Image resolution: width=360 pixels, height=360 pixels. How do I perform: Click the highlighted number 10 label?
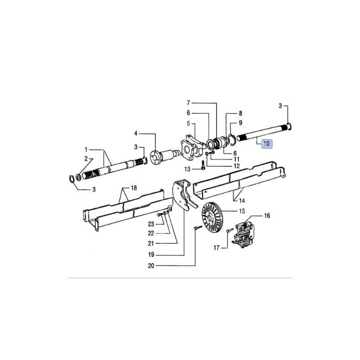(x=266, y=144)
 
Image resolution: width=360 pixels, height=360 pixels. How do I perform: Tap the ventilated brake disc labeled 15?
(x=211, y=217)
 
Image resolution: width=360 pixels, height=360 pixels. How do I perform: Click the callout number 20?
(x=151, y=265)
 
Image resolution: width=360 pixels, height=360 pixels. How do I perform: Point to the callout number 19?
(x=151, y=255)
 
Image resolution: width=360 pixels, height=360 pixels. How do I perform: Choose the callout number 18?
(x=134, y=188)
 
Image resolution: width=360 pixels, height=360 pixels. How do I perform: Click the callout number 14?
(x=242, y=201)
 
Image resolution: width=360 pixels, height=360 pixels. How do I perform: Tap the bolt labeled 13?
(x=203, y=165)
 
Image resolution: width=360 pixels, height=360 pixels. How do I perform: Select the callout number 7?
(x=188, y=103)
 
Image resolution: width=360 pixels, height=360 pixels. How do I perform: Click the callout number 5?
(x=188, y=124)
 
